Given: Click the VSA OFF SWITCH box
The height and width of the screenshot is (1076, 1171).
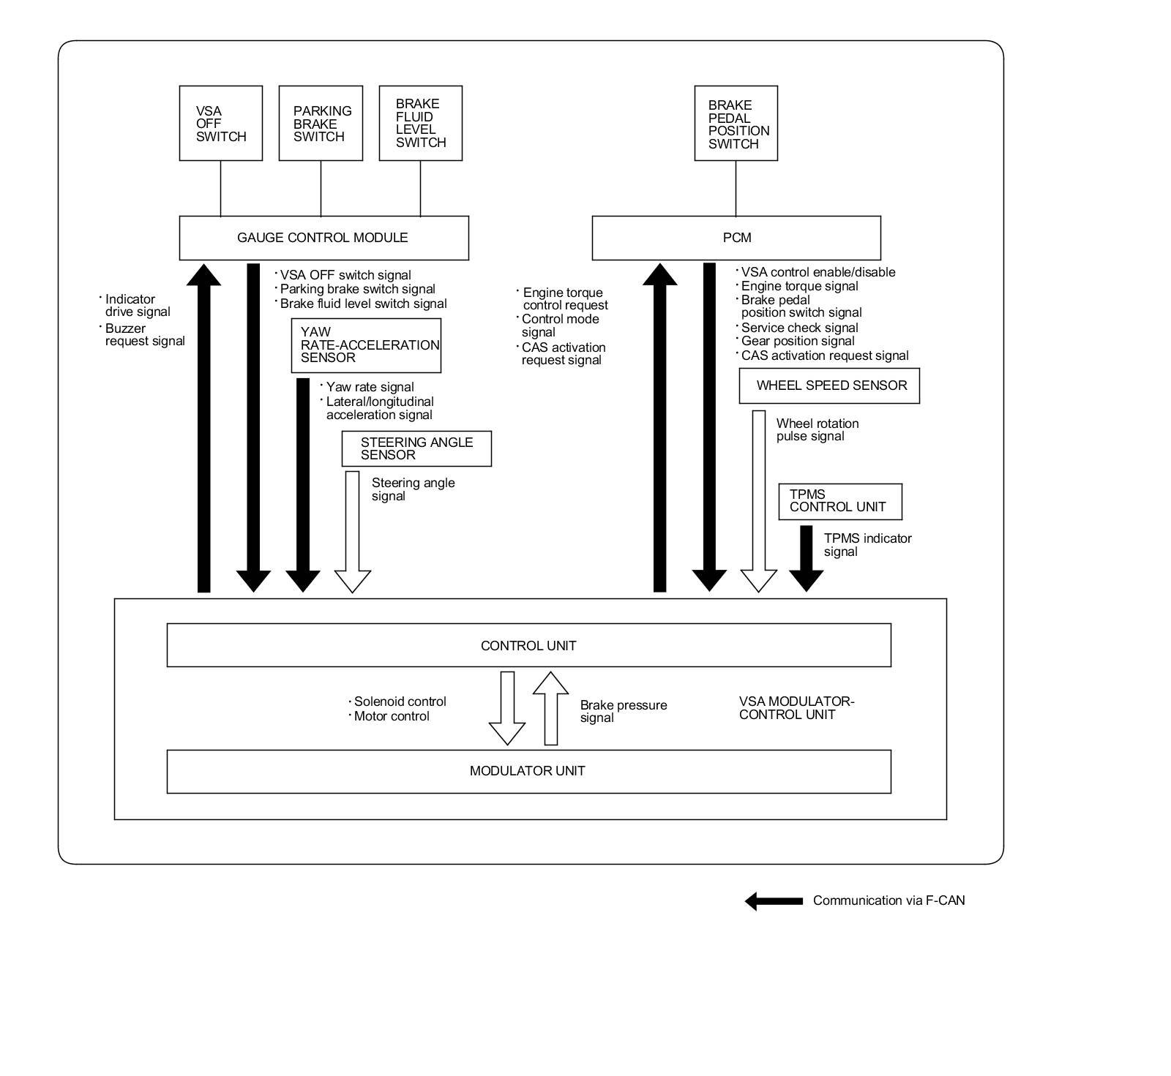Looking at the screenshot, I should click(x=220, y=123).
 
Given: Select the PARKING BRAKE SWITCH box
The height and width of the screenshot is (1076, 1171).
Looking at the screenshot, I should click(x=321, y=123).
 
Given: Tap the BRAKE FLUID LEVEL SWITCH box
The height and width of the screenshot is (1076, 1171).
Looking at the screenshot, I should click(x=420, y=123).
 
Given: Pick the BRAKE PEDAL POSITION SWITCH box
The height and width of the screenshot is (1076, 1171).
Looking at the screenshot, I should click(x=736, y=123).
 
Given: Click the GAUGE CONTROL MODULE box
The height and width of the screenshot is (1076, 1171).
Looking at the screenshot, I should click(x=323, y=238).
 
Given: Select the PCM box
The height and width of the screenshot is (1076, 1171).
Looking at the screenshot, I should click(x=736, y=238).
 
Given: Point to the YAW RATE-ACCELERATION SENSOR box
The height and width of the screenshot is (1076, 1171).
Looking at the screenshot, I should click(x=366, y=345).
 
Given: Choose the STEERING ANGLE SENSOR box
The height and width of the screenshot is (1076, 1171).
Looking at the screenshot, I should click(x=416, y=448).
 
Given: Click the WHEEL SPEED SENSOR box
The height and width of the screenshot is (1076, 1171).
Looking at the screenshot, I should click(x=829, y=386).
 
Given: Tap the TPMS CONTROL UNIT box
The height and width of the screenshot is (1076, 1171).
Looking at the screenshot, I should click(x=839, y=501).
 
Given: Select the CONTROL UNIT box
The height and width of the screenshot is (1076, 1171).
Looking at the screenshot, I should click(x=528, y=645).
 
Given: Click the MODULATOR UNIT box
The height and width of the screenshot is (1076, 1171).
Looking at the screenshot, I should click(x=528, y=771).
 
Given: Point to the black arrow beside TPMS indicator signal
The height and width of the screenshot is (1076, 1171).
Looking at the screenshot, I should click(x=806, y=557).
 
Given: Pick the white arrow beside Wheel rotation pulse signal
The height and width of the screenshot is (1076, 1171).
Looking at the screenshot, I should click(x=758, y=501).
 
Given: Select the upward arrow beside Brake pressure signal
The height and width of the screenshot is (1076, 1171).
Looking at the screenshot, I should click(x=551, y=708).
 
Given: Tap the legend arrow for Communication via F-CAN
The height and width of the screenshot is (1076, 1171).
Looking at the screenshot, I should click(x=774, y=901).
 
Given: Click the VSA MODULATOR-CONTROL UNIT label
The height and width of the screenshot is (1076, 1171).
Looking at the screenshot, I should click(x=796, y=708).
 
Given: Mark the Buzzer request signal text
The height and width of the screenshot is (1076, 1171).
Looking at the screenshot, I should click(x=145, y=335).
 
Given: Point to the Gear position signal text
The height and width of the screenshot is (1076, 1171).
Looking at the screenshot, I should click(x=798, y=341).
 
